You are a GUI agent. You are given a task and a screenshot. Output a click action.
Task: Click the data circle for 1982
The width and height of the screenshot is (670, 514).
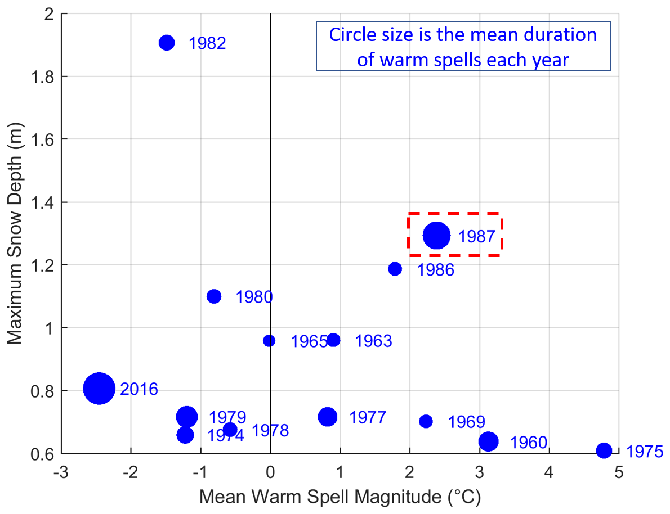pyautogui.click(x=167, y=43)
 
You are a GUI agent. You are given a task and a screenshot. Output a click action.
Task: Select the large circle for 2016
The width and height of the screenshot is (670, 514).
pyautogui.click(x=100, y=388)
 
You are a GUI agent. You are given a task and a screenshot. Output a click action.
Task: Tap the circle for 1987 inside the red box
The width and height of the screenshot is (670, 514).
pyautogui.click(x=437, y=236)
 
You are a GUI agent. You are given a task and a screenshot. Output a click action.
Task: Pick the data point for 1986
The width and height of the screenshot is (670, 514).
pyautogui.click(x=395, y=269)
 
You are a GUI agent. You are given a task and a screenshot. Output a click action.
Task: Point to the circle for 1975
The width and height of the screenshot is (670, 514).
pyautogui.click(x=604, y=450)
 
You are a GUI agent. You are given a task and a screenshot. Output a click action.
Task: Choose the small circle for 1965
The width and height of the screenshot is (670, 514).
pyautogui.click(x=269, y=341)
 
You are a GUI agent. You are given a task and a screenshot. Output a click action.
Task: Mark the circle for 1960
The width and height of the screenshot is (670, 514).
pyautogui.click(x=488, y=441)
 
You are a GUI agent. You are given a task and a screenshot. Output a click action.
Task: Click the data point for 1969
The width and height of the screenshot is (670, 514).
pyautogui.click(x=426, y=421)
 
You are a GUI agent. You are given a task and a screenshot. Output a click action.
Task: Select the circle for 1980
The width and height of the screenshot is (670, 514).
pyautogui.click(x=214, y=296)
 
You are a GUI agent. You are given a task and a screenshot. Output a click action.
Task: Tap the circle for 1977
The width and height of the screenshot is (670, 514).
pyautogui.click(x=327, y=417)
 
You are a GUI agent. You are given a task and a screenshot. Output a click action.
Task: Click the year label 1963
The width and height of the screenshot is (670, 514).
pyautogui.click(x=373, y=341)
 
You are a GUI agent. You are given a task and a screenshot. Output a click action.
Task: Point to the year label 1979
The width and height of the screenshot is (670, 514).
pyautogui.click(x=227, y=418)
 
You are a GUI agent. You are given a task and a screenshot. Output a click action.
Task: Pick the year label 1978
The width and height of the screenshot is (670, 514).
pyautogui.click(x=270, y=431)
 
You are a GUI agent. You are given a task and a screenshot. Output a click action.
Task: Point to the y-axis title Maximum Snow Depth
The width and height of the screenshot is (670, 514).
pyautogui.click(x=16, y=233)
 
